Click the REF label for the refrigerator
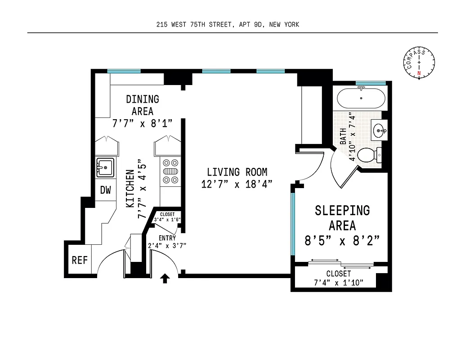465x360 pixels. (80, 260)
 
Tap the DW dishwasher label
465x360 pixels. (105, 190)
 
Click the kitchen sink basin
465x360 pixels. (106, 167)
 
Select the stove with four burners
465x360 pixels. (170, 171)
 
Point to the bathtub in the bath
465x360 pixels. (361, 98)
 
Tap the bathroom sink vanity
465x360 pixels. (380, 131)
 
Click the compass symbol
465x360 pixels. (419, 63)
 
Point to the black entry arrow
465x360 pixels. (165, 279)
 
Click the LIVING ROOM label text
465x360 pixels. (237, 172)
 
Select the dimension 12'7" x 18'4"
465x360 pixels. (237, 184)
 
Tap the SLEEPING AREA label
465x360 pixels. (342, 217)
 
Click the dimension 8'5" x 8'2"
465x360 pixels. (342, 241)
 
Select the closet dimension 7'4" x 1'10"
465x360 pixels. (338, 283)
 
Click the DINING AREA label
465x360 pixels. (143, 105)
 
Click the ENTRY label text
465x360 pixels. (167, 238)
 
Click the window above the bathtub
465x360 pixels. (371, 83)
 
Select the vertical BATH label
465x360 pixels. (343, 136)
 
